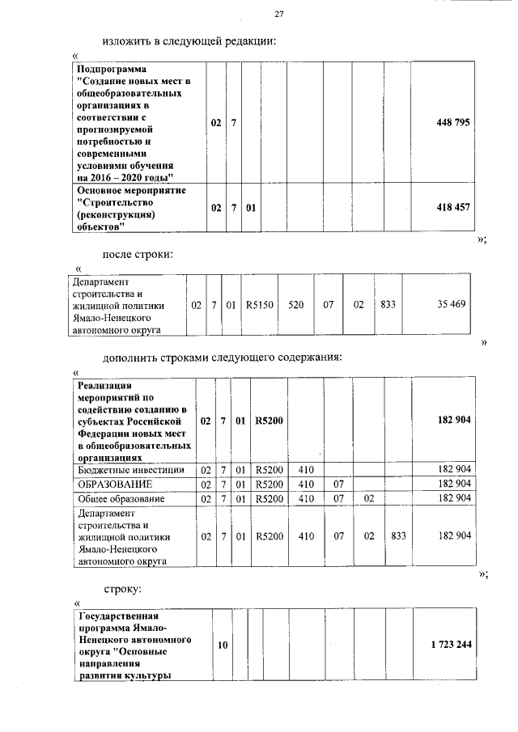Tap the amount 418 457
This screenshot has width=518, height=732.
tap(452, 207)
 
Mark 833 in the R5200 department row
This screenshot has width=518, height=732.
tap(397, 535)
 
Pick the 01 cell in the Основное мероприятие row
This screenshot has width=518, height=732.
tap(251, 207)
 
